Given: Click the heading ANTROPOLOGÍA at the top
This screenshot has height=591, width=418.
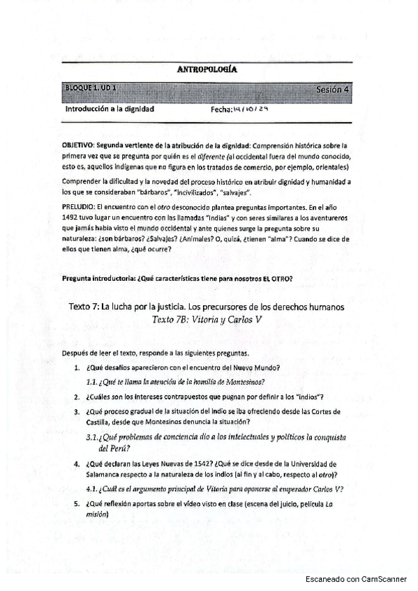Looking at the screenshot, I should tap(208, 70).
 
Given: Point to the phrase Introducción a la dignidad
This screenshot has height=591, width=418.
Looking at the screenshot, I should tap(110, 109).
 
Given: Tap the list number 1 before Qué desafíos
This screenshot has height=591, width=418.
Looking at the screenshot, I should tap(77, 367).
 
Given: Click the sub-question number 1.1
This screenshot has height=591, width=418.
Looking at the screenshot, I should tap(91, 381).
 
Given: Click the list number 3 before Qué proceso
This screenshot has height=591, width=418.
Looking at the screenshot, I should tap(77, 412).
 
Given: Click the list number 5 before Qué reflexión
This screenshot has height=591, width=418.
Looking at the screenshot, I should tap(77, 503).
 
